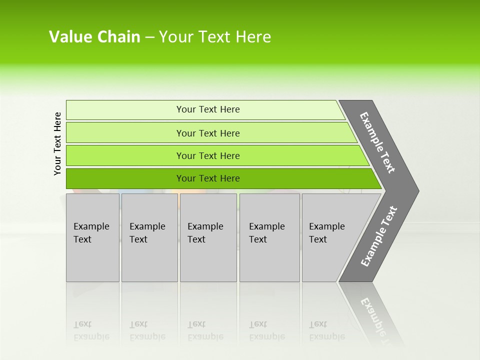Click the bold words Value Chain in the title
click(x=94, y=37)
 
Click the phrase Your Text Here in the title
click(x=215, y=37)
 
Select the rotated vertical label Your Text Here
click(x=57, y=143)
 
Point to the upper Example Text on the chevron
click(x=377, y=142)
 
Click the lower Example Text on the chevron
click(x=379, y=236)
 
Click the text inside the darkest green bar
click(x=208, y=178)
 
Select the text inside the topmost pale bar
click(x=208, y=109)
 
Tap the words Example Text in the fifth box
click(x=326, y=233)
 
